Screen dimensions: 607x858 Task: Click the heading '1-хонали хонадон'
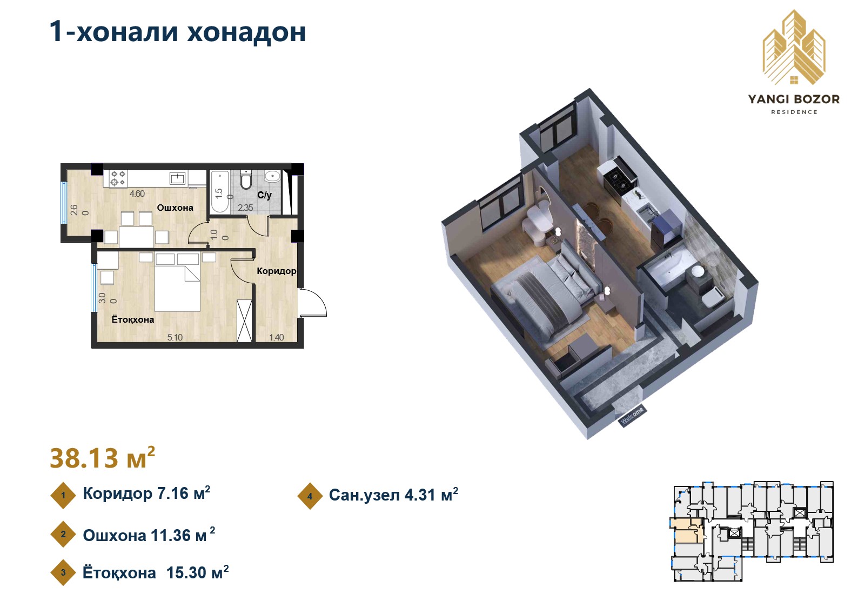click(x=177, y=31)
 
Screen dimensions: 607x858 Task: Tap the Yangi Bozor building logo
click(x=793, y=48)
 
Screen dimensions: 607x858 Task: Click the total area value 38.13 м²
click(x=102, y=458)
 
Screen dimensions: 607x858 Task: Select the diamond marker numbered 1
click(x=63, y=495)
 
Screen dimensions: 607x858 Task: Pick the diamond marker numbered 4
click(x=310, y=496)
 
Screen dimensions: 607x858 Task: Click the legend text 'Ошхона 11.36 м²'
click(x=149, y=535)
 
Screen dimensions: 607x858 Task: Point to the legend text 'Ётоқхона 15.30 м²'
click(x=155, y=572)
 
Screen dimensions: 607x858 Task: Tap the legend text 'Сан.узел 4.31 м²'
click(x=393, y=495)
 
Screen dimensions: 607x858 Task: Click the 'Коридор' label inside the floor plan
click(x=276, y=271)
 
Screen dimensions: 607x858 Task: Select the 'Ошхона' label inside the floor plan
click(x=175, y=208)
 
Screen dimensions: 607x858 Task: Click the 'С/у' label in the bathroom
click(x=264, y=195)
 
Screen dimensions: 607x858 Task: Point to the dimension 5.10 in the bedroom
click(x=175, y=337)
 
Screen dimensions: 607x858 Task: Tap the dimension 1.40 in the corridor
click(x=276, y=337)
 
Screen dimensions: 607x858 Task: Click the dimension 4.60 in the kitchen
click(x=137, y=194)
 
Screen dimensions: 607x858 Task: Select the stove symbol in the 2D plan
click(x=118, y=178)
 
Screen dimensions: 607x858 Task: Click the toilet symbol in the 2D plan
click(x=246, y=180)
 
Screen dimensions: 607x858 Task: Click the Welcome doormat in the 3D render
click(x=632, y=415)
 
